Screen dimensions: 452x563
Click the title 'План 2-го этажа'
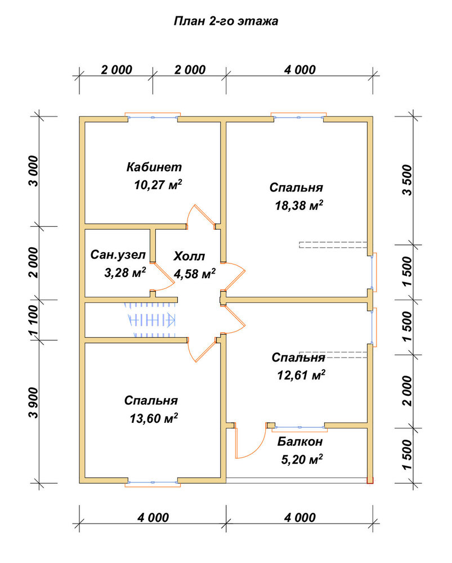pos(226,21)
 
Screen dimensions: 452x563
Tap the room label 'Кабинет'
pos(154,167)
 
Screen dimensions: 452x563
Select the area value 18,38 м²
pos(299,205)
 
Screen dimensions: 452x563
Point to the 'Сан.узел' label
pos(118,255)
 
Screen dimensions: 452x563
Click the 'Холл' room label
pos(189,256)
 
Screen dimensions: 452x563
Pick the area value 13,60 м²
pos(154,418)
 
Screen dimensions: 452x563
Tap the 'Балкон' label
pos(300,441)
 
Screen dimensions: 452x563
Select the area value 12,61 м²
pos(301,375)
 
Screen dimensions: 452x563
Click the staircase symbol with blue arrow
pos(150,319)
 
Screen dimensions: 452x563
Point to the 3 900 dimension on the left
pos(33,403)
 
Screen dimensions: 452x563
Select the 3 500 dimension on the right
pos(408,180)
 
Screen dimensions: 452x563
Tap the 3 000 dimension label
pos(33,171)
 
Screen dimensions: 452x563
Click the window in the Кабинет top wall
pos(153,117)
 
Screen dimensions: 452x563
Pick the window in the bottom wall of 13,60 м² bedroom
pos(153,482)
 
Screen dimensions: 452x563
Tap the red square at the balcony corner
pos(370,480)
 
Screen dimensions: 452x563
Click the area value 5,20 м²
pos(302,459)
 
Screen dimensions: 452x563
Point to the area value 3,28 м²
pos(125,272)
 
